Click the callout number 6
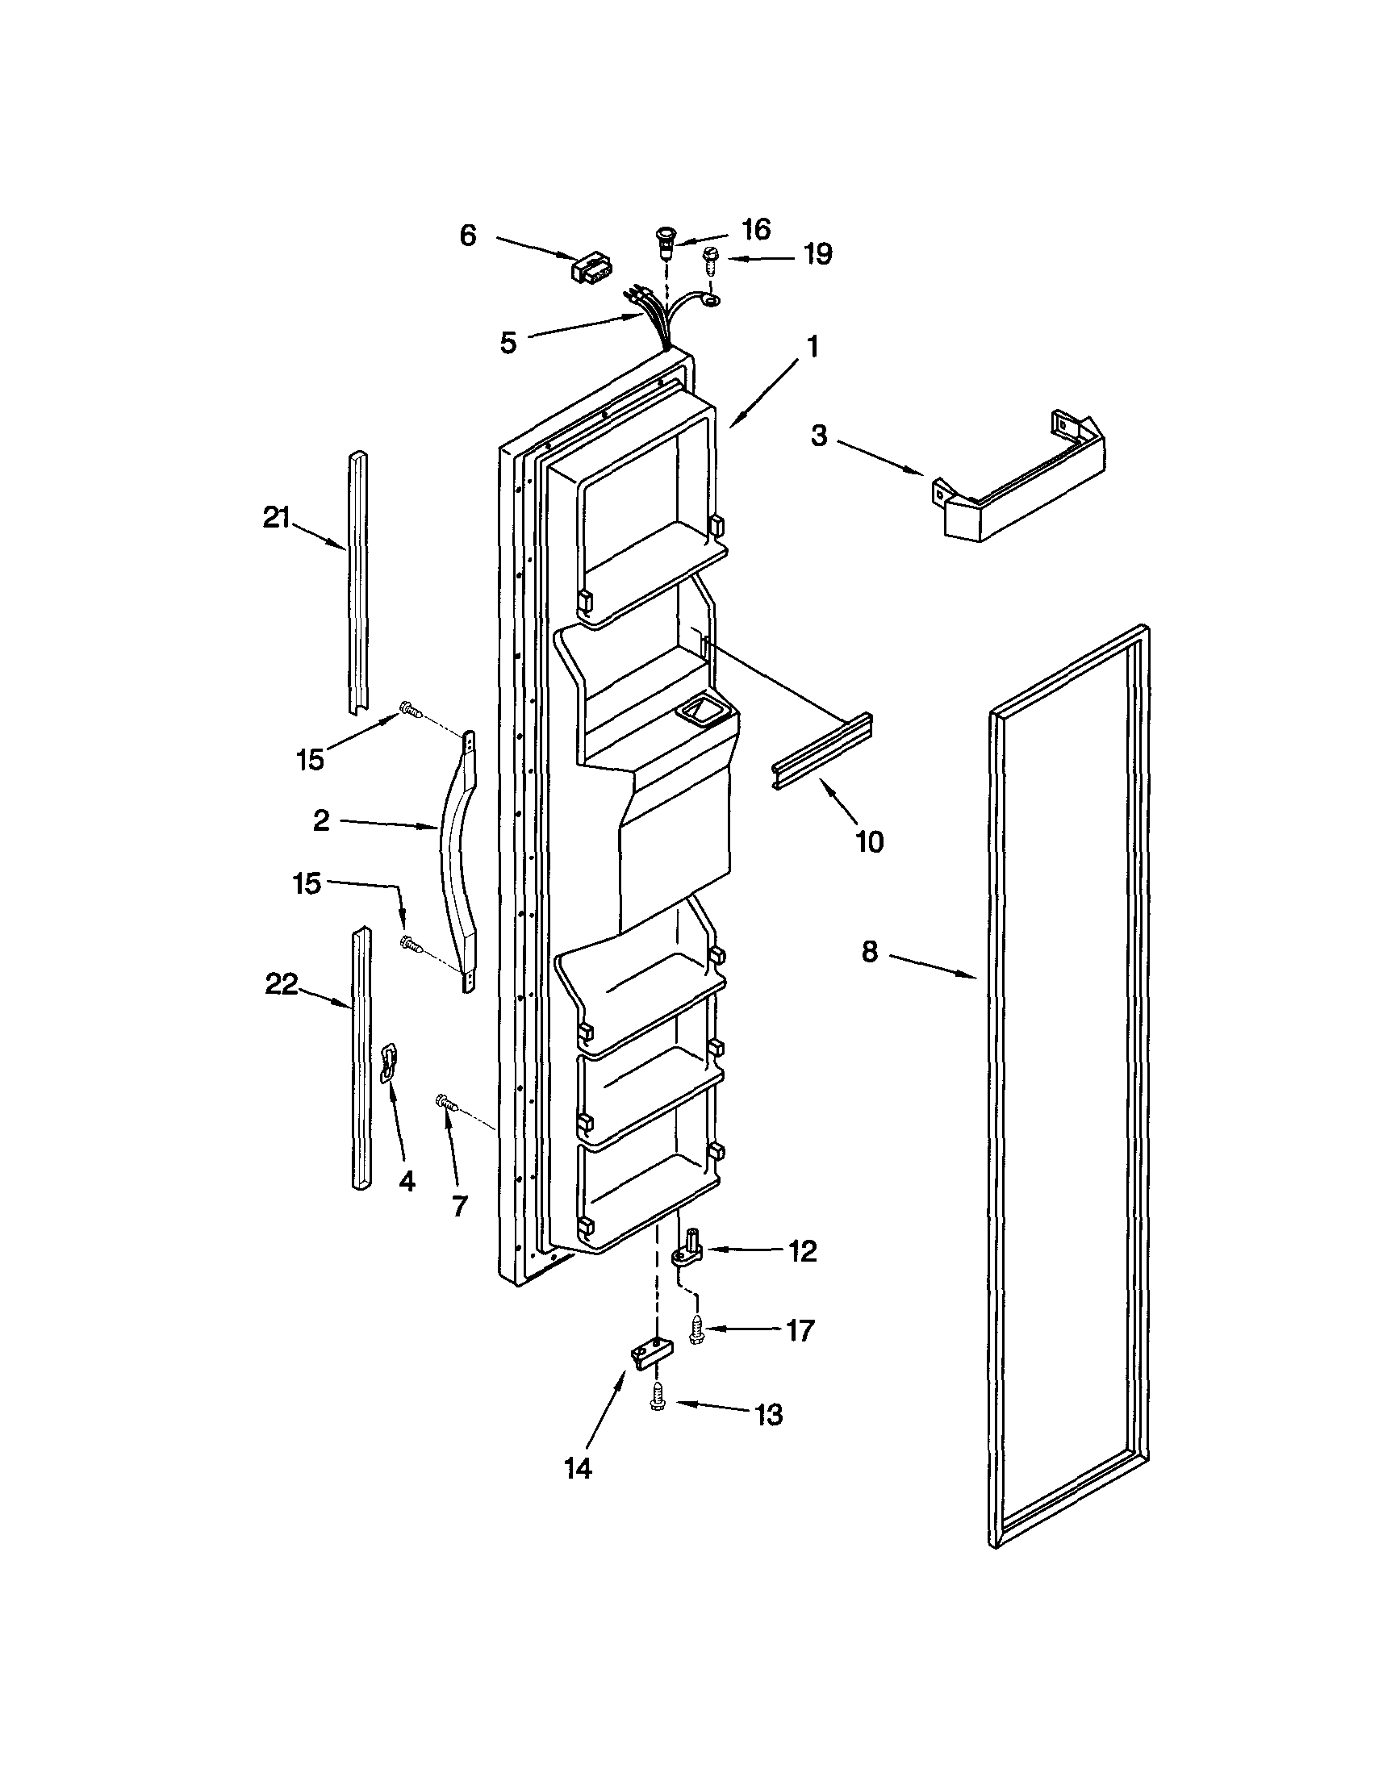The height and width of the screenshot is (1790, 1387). [x=467, y=236]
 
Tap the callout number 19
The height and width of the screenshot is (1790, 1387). [x=817, y=254]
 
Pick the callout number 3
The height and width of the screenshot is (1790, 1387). [x=819, y=436]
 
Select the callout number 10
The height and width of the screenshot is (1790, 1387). [x=870, y=841]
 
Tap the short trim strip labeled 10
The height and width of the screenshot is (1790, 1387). [x=821, y=752]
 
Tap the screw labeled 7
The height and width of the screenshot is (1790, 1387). [x=445, y=1104]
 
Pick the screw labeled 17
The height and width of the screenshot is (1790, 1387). [x=698, y=1329]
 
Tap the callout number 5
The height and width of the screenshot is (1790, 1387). [x=508, y=343]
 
